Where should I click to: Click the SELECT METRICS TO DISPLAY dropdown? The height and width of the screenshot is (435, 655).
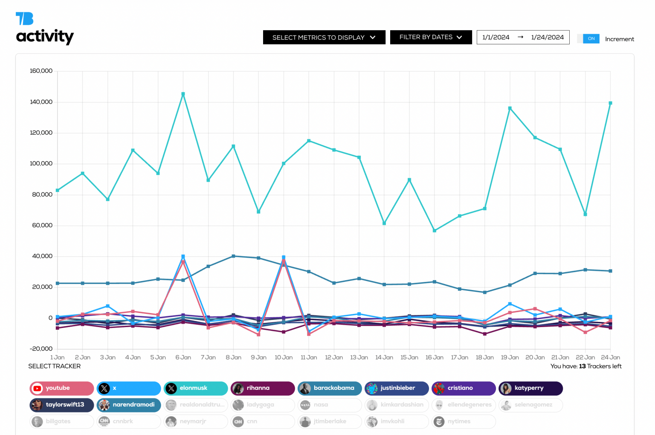coord(324,38)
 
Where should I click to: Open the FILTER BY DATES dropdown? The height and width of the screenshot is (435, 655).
coord(431,38)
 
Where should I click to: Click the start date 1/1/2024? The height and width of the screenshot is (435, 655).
coord(496,38)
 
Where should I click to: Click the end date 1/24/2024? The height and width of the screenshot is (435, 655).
coord(547,38)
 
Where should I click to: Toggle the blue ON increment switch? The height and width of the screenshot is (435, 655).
coord(591,39)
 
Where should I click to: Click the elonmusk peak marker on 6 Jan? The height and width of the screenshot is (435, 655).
coord(183,94)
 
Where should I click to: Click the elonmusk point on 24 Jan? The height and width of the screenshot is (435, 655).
coord(610,103)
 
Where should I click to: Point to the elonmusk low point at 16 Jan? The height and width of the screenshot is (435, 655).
coord(435,231)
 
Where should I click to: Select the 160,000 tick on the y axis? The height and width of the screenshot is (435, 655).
coord(41,71)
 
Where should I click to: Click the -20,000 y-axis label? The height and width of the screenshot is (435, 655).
coord(41,349)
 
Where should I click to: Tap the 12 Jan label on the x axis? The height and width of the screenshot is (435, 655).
coord(334,357)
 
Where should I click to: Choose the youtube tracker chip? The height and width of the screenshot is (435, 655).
coord(62,388)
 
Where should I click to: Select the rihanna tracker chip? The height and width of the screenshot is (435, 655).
coord(263,388)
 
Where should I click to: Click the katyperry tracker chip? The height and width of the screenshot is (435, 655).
coord(530,388)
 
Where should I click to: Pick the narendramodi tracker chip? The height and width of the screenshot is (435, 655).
coord(129,405)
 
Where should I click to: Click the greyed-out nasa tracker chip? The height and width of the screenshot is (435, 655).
coord(330,405)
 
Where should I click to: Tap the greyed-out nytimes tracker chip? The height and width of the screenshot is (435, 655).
coord(464,421)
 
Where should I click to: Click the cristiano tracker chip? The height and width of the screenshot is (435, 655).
coord(464,388)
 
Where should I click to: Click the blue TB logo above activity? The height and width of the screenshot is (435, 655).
coord(24,19)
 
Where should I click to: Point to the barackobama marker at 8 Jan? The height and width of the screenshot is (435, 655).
coord(233,256)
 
